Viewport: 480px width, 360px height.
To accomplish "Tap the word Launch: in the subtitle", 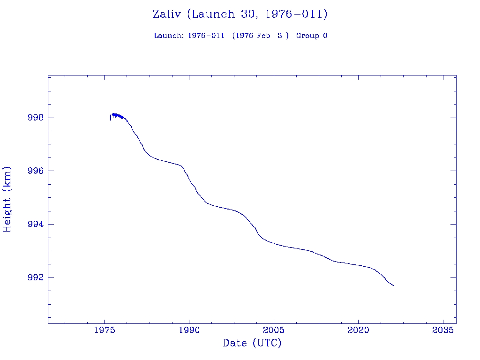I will coord(169,36).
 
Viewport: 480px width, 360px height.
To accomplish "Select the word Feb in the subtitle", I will coord(263,36).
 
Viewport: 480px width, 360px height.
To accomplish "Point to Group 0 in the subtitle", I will coord(312,36).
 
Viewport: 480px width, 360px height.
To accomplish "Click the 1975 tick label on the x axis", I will coord(105,330).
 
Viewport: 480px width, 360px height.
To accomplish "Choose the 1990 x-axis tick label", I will coord(189,330).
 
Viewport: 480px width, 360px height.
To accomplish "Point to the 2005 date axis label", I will coord(274,330).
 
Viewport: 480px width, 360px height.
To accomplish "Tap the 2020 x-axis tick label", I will coord(358,330).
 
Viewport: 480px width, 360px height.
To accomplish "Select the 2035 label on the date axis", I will coord(443,330).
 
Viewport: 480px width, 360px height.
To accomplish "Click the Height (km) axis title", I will coord(7,199).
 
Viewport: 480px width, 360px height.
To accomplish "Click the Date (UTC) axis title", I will coord(252,343).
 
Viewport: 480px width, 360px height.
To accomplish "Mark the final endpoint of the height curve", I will coord(394,285).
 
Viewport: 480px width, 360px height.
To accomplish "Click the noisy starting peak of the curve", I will coord(113,114).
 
